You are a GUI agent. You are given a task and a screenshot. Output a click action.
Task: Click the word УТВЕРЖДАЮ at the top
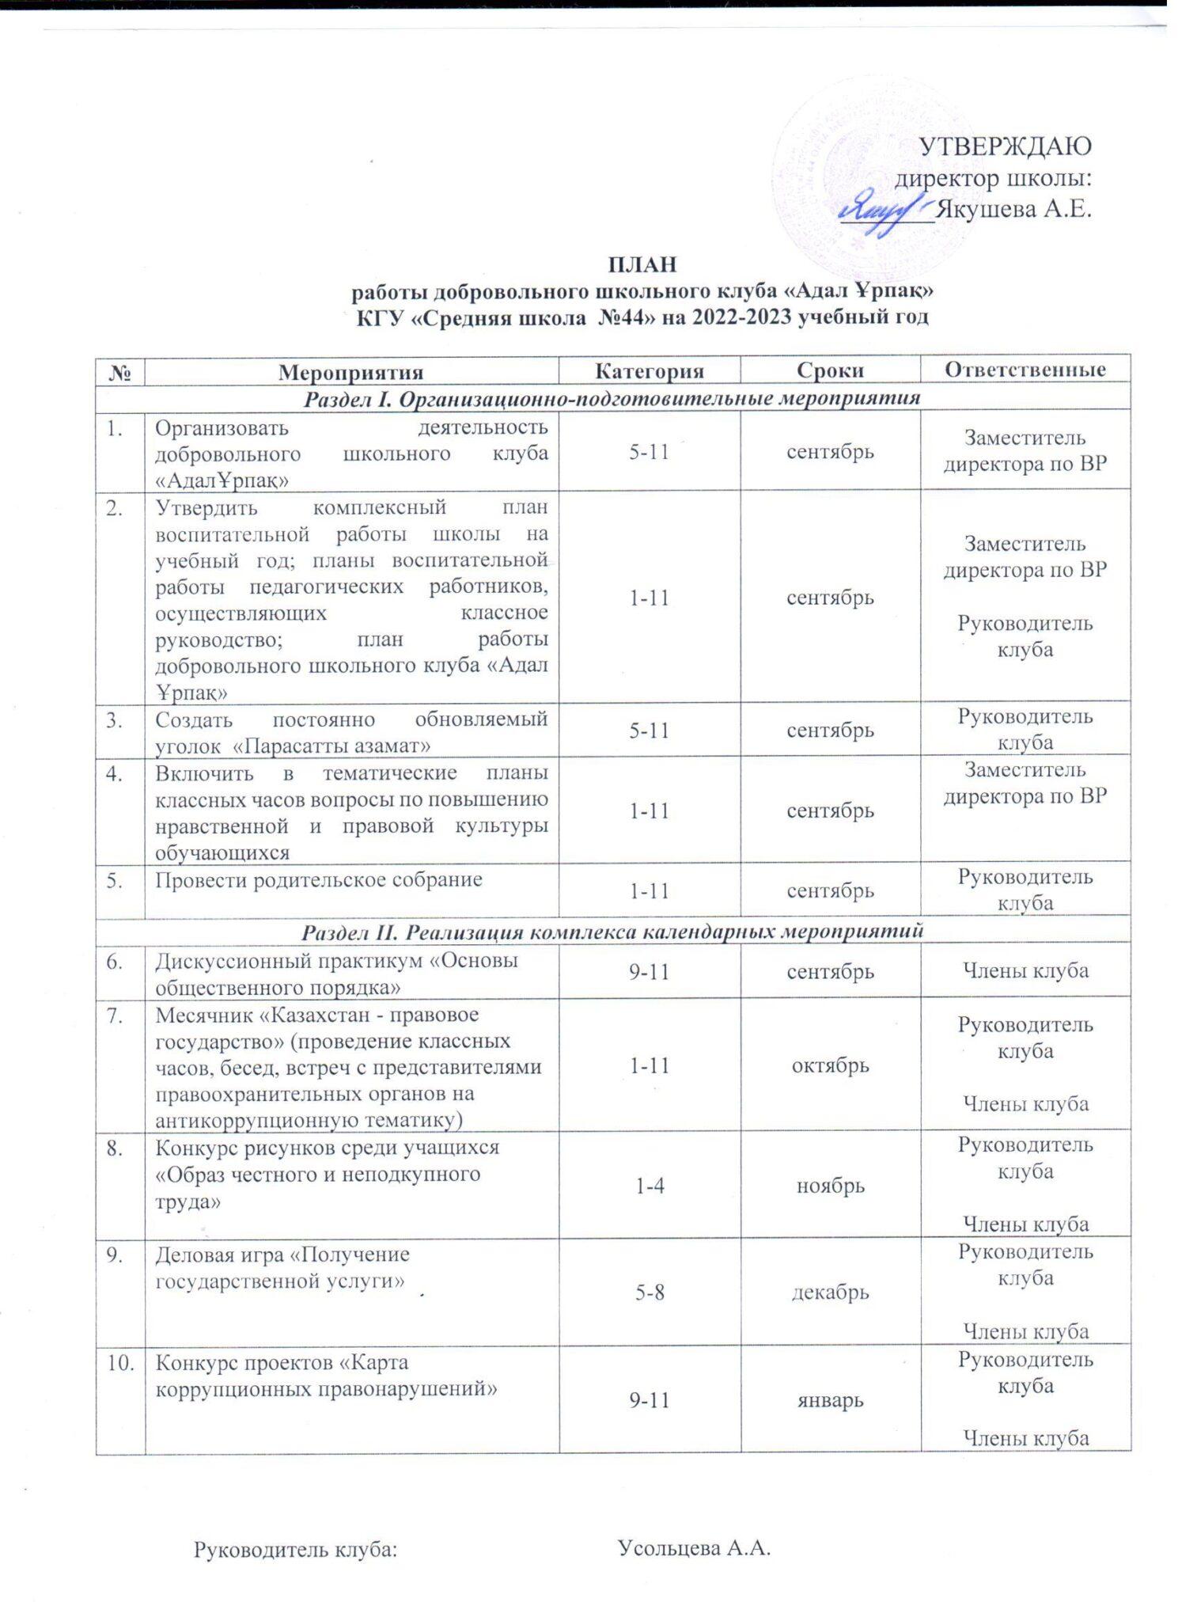1004,146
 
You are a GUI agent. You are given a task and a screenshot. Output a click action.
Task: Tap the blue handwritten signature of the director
882,210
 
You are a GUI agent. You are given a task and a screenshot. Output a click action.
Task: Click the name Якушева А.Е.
1013,210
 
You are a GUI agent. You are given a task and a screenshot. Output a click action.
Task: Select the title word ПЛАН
642,264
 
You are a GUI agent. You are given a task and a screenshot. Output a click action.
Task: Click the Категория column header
649,370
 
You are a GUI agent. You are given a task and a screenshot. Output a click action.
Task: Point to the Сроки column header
830,370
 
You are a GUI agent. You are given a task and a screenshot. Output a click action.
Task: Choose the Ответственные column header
1025,370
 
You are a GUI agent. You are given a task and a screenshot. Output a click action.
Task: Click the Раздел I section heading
612,397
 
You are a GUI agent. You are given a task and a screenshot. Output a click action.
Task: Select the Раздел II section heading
612,932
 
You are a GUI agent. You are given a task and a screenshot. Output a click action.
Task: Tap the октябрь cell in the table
830,1065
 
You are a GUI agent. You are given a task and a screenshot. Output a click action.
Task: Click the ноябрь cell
830,1186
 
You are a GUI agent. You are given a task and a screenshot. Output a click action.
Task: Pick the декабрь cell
830,1293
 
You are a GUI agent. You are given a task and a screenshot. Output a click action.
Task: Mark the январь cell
830,1400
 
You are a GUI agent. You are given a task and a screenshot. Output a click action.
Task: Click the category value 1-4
649,1186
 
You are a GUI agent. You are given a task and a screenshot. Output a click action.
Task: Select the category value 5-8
649,1293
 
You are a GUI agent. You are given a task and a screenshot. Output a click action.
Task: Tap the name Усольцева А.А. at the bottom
693,1547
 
